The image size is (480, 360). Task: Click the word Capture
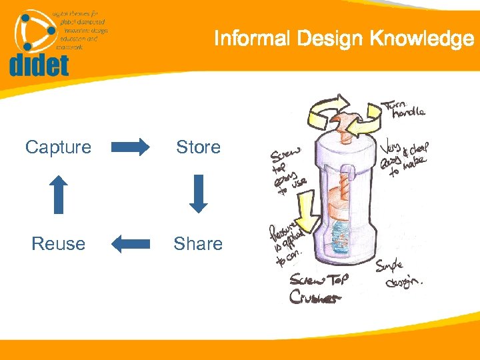pos(58,147)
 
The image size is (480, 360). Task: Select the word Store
pos(198,147)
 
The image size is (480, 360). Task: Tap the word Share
pos(198,244)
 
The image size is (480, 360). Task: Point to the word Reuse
pos(58,244)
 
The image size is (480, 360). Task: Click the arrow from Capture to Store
pos(131,147)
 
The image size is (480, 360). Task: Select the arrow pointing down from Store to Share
pos(198,194)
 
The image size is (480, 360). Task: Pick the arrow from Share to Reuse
pos(131,244)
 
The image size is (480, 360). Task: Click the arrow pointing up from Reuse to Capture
pos(59,194)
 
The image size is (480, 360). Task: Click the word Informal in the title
pos(252,39)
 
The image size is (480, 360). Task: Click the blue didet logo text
pos(39,65)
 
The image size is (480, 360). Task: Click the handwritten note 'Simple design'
pos(400,273)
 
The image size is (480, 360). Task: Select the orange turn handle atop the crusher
pos(345,127)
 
